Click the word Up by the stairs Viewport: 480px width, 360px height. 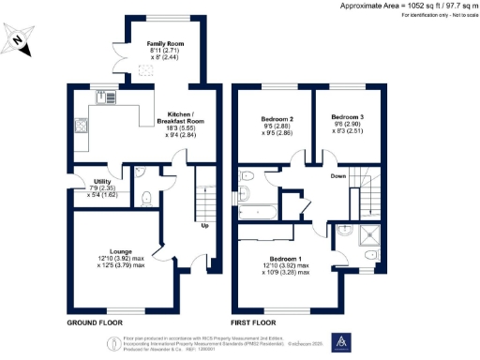[204, 226]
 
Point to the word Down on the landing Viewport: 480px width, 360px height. [338, 175]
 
